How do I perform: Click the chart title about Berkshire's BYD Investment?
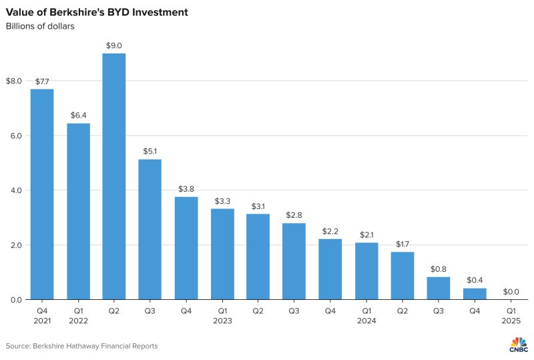coord(97,12)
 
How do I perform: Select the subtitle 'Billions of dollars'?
coord(40,27)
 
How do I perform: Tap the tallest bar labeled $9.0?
coord(114,176)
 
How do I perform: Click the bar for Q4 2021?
coord(42,194)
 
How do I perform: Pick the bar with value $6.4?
coord(78,211)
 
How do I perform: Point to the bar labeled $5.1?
coord(150,229)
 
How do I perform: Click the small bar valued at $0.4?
coord(474,294)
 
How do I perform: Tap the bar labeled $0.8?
coord(438,288)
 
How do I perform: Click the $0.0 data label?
coord(510,292)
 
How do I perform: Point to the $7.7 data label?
coord(42,81)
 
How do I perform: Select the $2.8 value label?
coord(294,215)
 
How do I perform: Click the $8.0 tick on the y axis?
coord(14,81)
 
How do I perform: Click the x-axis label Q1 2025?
coord(510,315)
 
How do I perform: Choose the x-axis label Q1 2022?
coord(78,315)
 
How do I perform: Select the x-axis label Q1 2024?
coord(366,315)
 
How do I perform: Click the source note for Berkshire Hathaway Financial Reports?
coord(82,346)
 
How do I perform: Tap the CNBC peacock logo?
coord(518,343)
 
